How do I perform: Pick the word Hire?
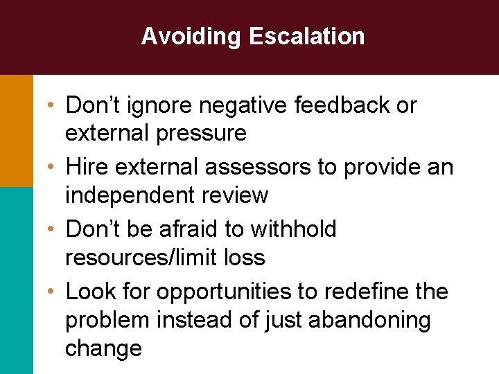pyautogui.click(x=87, y=168)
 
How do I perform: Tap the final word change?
pyautogui.click(x=103, y=348)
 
